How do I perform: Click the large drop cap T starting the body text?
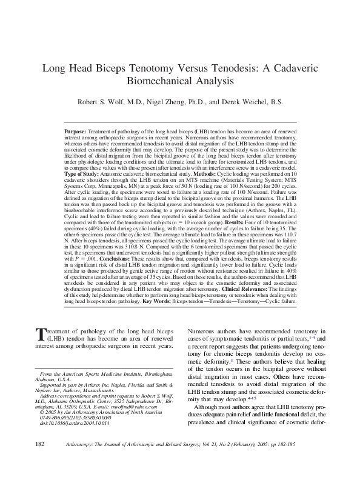point(42,335)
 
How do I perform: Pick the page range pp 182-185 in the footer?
point(311,461)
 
